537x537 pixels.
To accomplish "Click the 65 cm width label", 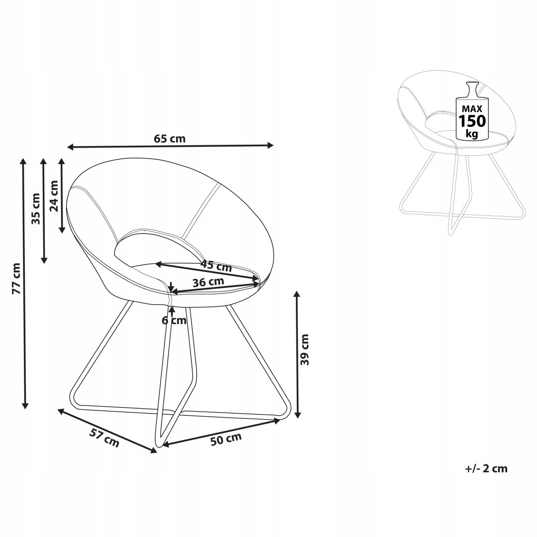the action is pos(170,139).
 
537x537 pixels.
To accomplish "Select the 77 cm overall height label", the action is pos(16,278).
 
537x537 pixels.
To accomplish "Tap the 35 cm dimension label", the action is pos(36,208).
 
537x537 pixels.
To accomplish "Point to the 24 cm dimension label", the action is pos(54,196).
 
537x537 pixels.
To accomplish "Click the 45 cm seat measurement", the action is pos(216,266).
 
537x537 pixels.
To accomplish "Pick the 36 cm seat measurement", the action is pos(208,282).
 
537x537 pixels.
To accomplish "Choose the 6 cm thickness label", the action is pos(175,321).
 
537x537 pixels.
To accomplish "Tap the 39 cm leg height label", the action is pos(304,350).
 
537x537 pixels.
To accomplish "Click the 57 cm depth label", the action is pos(104,438).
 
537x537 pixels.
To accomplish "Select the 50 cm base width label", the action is pos(226,439).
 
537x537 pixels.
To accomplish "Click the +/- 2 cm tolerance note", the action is pos(486,468).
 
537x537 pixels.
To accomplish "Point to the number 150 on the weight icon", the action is pos(472,121).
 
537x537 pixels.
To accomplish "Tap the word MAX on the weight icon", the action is pos(472,109).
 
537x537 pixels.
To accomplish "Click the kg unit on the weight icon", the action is pos(472,133).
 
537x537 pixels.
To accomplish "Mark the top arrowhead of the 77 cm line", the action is pos(23,161).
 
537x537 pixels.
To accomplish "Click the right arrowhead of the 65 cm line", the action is pos(270,145).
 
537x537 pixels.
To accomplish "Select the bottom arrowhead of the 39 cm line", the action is pos(298,414).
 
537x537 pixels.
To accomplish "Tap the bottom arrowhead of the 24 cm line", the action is pos(62,229).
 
